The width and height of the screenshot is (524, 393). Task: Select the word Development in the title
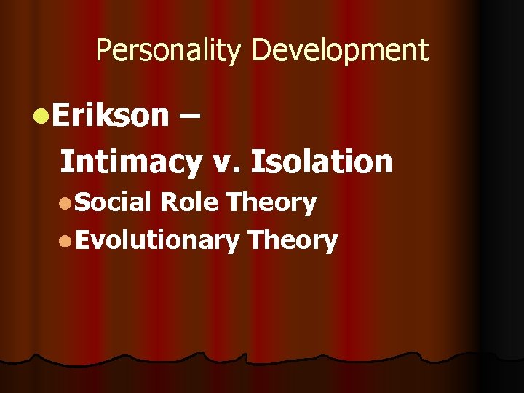coord(340,51)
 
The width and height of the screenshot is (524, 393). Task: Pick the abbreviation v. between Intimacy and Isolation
coord(229,162)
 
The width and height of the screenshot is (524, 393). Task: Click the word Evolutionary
coord(156,240)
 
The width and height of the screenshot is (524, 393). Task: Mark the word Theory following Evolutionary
coord(292,240)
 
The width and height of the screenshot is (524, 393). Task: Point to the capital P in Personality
coord(103,51)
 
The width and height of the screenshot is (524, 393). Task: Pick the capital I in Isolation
coord(255,162)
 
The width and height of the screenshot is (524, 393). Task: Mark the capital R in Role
coord(167,202)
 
